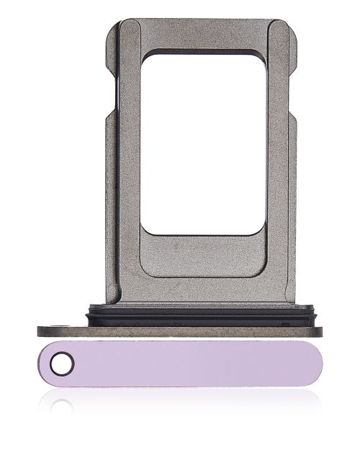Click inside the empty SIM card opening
[201, 144]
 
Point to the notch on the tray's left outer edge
[107, 115]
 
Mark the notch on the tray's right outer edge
[294, 115]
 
